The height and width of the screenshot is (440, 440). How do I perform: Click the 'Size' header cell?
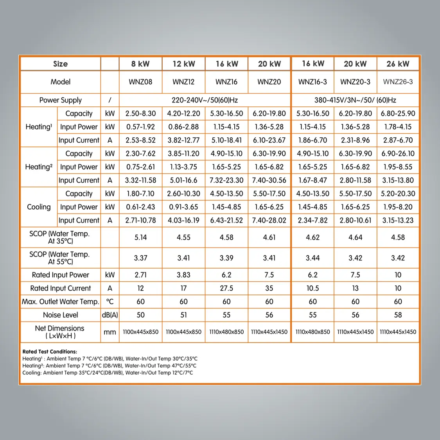[x=61, y=64]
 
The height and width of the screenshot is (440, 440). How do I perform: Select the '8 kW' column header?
[x=140, y=64]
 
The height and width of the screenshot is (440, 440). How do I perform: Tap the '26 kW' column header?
[x=398, y=64]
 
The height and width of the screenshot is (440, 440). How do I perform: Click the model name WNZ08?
[x=140, y=82]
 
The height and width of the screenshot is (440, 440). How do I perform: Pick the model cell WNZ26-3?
[x=398, y=82]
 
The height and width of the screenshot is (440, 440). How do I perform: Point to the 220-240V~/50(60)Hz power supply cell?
[x=205, y=100]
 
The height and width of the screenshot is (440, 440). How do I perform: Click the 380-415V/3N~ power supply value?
[x=355, y=100]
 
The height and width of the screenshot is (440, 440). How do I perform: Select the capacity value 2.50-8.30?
[x=140, y=113]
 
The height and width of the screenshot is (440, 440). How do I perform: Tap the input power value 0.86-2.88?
[x=183, y=127]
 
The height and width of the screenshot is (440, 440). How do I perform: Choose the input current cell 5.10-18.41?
[x=226, y=140]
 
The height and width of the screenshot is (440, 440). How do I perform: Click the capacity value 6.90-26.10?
[x=398, y=154]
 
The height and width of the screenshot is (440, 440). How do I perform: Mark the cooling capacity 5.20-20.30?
[x=398, y=194]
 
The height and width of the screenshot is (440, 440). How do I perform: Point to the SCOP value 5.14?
[x=140, y=237]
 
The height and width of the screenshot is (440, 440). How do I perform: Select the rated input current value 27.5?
[x=226, y=288]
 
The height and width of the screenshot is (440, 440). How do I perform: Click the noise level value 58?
[x=398, y=315]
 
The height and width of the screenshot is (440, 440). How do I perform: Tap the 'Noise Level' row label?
[x=61, y=315]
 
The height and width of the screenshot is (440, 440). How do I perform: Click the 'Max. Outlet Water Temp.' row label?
[x=61, y=302]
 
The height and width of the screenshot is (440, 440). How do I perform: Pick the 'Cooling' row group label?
[x=39, y=207]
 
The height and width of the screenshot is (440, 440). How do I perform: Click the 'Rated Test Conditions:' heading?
[x=50, y=352]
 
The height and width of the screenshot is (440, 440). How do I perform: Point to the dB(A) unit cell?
[x=110, y=315]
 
